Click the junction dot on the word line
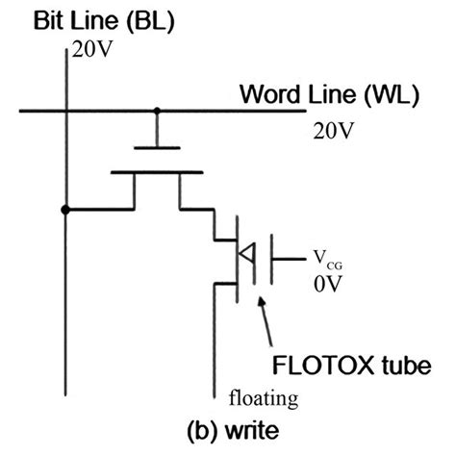coord(158,111)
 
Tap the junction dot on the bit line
coord(64,209)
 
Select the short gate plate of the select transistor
coord(158,147)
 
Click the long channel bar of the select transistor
coord(158,173)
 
